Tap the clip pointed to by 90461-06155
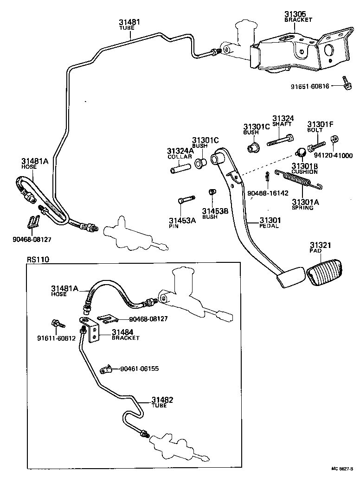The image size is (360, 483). (x=106, y=369)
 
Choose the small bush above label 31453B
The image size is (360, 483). (x=211, y=192)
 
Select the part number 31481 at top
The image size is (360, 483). (x=129, y=22)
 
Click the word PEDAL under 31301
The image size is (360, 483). (x=269, y=226)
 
